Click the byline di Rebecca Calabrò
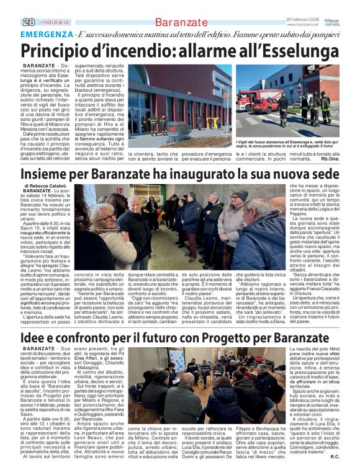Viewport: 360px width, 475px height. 47,185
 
